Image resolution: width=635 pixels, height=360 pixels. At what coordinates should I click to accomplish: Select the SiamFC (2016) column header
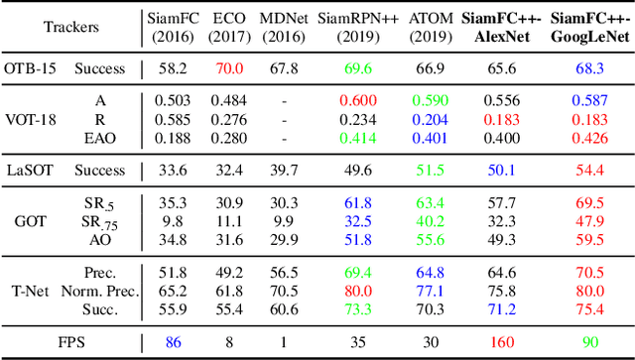pos(175,27)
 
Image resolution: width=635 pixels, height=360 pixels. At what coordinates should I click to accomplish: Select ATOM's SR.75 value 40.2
pos(430,220)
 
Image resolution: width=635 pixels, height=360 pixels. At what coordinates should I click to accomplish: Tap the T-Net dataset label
pos(29,290)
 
